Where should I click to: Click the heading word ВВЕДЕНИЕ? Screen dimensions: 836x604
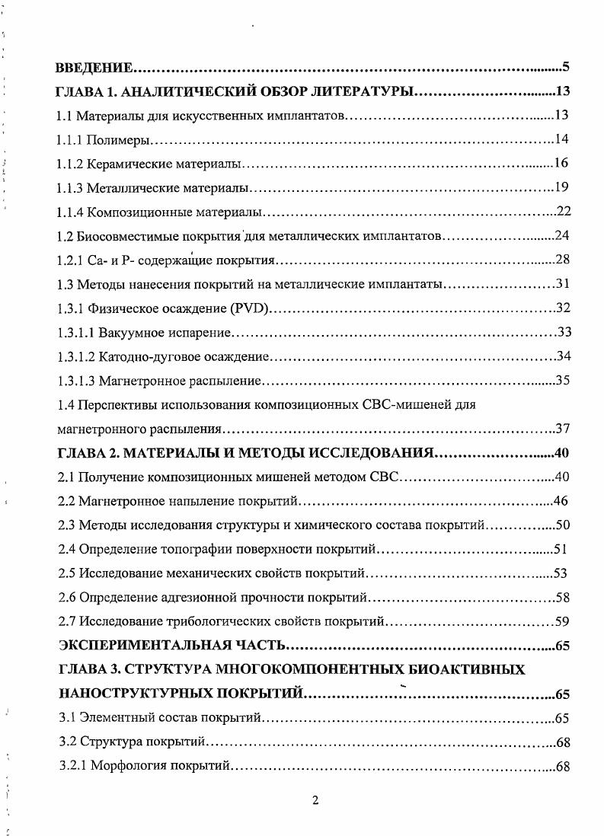pos(95,67)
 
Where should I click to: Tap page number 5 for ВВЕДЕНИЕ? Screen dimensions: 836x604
pos(567,66)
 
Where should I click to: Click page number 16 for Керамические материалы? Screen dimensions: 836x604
pos(563,163)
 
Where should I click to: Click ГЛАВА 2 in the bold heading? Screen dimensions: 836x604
pos(86,453)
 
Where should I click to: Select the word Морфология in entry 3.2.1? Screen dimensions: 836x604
pos(122,766)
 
